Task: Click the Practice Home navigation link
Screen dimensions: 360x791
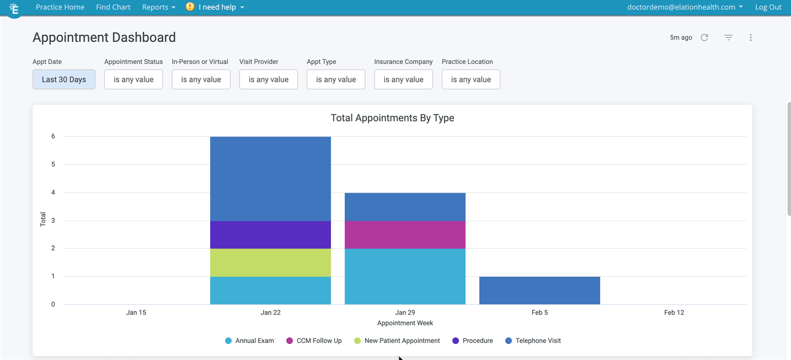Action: [x=60, y=7]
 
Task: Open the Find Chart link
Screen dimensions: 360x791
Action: [x=113, y=7]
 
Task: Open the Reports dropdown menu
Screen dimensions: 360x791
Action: [x=158, y=7]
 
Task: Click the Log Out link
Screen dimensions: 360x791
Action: [x=768, y=7]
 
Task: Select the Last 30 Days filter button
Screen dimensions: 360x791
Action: [x=64, y=79]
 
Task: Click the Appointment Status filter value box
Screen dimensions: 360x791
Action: [x=133, y=79]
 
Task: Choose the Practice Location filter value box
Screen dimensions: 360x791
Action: [x=471, y=79]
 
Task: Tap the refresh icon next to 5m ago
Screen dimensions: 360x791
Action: [x=704, y=37]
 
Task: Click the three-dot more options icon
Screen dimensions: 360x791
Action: [x=751, y=37]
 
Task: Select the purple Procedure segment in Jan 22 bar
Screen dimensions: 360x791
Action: [x=270, y=235]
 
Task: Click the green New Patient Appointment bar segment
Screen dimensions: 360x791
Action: [x=270, y=262]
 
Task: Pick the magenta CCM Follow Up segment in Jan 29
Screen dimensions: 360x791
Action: [x=405, y=235]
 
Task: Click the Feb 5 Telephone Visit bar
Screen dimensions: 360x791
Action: [x=539, y=291]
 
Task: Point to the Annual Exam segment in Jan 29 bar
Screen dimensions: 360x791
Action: [x=405, y=276]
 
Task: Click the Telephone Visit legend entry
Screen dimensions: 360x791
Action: [x=533, y=341]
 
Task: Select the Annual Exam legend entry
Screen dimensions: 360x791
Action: [x=249, y=341]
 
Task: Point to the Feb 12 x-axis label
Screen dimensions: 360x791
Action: [x=674, y=313]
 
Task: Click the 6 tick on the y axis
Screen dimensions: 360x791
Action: [x=54, y=136]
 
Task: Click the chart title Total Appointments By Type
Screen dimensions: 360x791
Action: [x=392, y=118]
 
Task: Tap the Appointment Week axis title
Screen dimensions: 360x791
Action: [x=405, y=323]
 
